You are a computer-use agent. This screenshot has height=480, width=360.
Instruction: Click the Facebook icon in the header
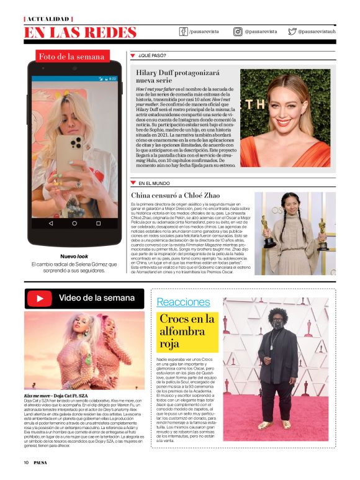184,32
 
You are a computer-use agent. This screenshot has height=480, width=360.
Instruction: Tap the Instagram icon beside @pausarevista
238,32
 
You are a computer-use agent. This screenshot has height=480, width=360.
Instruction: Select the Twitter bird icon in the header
292,32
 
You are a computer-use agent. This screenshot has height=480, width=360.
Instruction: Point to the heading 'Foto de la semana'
72,57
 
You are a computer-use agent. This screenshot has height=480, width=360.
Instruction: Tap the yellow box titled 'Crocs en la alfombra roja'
187,331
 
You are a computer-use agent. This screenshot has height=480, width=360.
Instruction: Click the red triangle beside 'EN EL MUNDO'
133,183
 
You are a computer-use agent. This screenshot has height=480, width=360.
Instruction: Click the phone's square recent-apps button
98,222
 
